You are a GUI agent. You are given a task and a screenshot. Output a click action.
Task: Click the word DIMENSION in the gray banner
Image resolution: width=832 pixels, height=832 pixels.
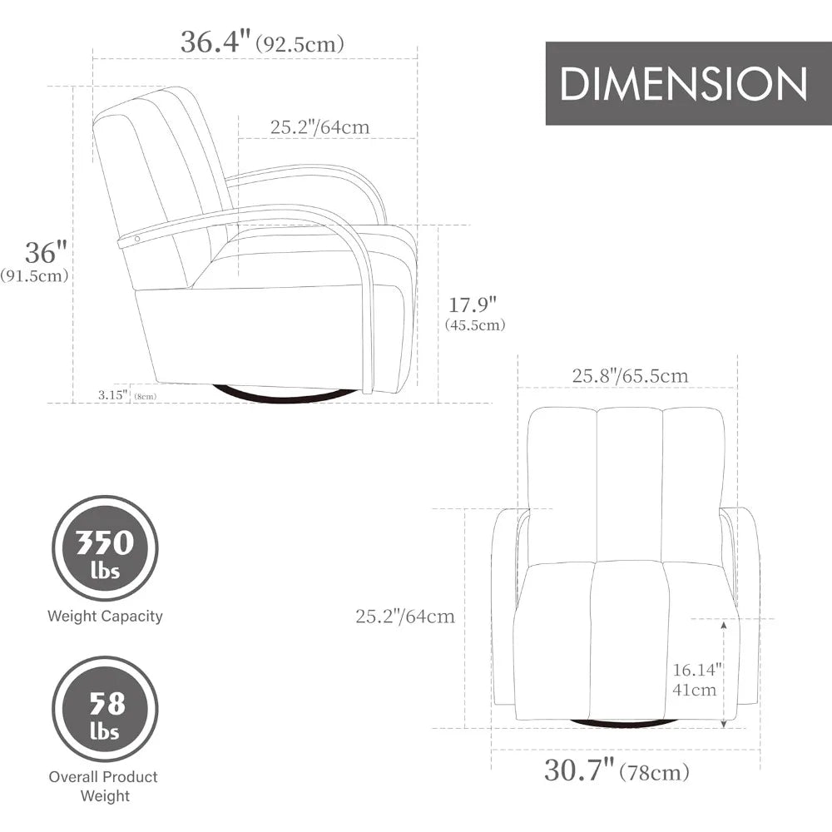683,84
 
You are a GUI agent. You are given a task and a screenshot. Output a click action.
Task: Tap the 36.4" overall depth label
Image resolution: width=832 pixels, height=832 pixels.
216,42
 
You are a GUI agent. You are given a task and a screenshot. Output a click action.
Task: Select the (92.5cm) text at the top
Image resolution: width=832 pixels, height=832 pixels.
300,43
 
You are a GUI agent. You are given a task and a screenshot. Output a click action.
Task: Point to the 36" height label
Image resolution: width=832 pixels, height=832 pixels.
47,252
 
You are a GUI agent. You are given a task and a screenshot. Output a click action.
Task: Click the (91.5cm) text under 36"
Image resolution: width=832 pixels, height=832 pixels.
34,275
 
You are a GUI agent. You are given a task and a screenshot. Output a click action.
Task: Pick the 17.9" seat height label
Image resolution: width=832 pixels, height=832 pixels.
473,305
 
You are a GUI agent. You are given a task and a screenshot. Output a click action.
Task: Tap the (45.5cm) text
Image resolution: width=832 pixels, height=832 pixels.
475,324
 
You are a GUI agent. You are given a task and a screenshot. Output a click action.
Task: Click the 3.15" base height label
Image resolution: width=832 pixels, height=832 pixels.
113,394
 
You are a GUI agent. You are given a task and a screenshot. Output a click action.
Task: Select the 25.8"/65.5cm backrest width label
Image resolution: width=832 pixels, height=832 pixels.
630,376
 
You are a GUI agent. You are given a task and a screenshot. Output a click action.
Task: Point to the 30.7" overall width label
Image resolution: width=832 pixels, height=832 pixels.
579,770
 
